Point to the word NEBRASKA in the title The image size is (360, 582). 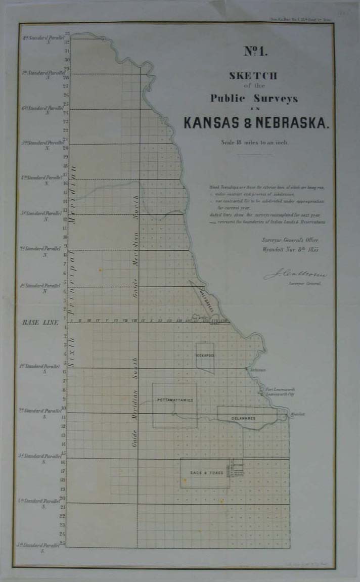click(x=293, y=123)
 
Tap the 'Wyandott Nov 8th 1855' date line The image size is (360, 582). click(x=290, y=249)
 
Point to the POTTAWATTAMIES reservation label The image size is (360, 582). click(x=175, y=400)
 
